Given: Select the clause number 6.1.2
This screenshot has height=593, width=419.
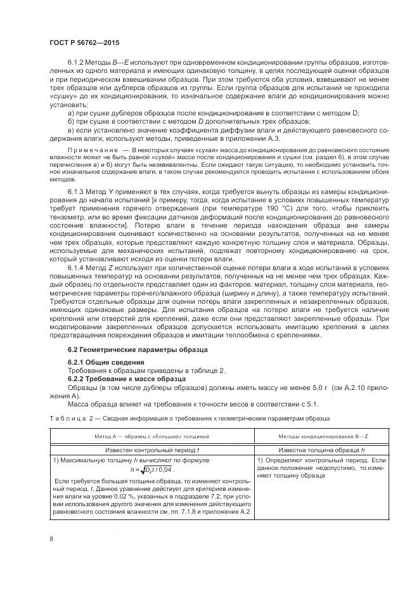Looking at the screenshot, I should click(x=77, y=64).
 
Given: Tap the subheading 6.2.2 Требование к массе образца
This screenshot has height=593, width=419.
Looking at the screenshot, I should click(x=117, y=378).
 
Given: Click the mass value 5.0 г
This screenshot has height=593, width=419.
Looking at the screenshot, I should click(x=307, y=387).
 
